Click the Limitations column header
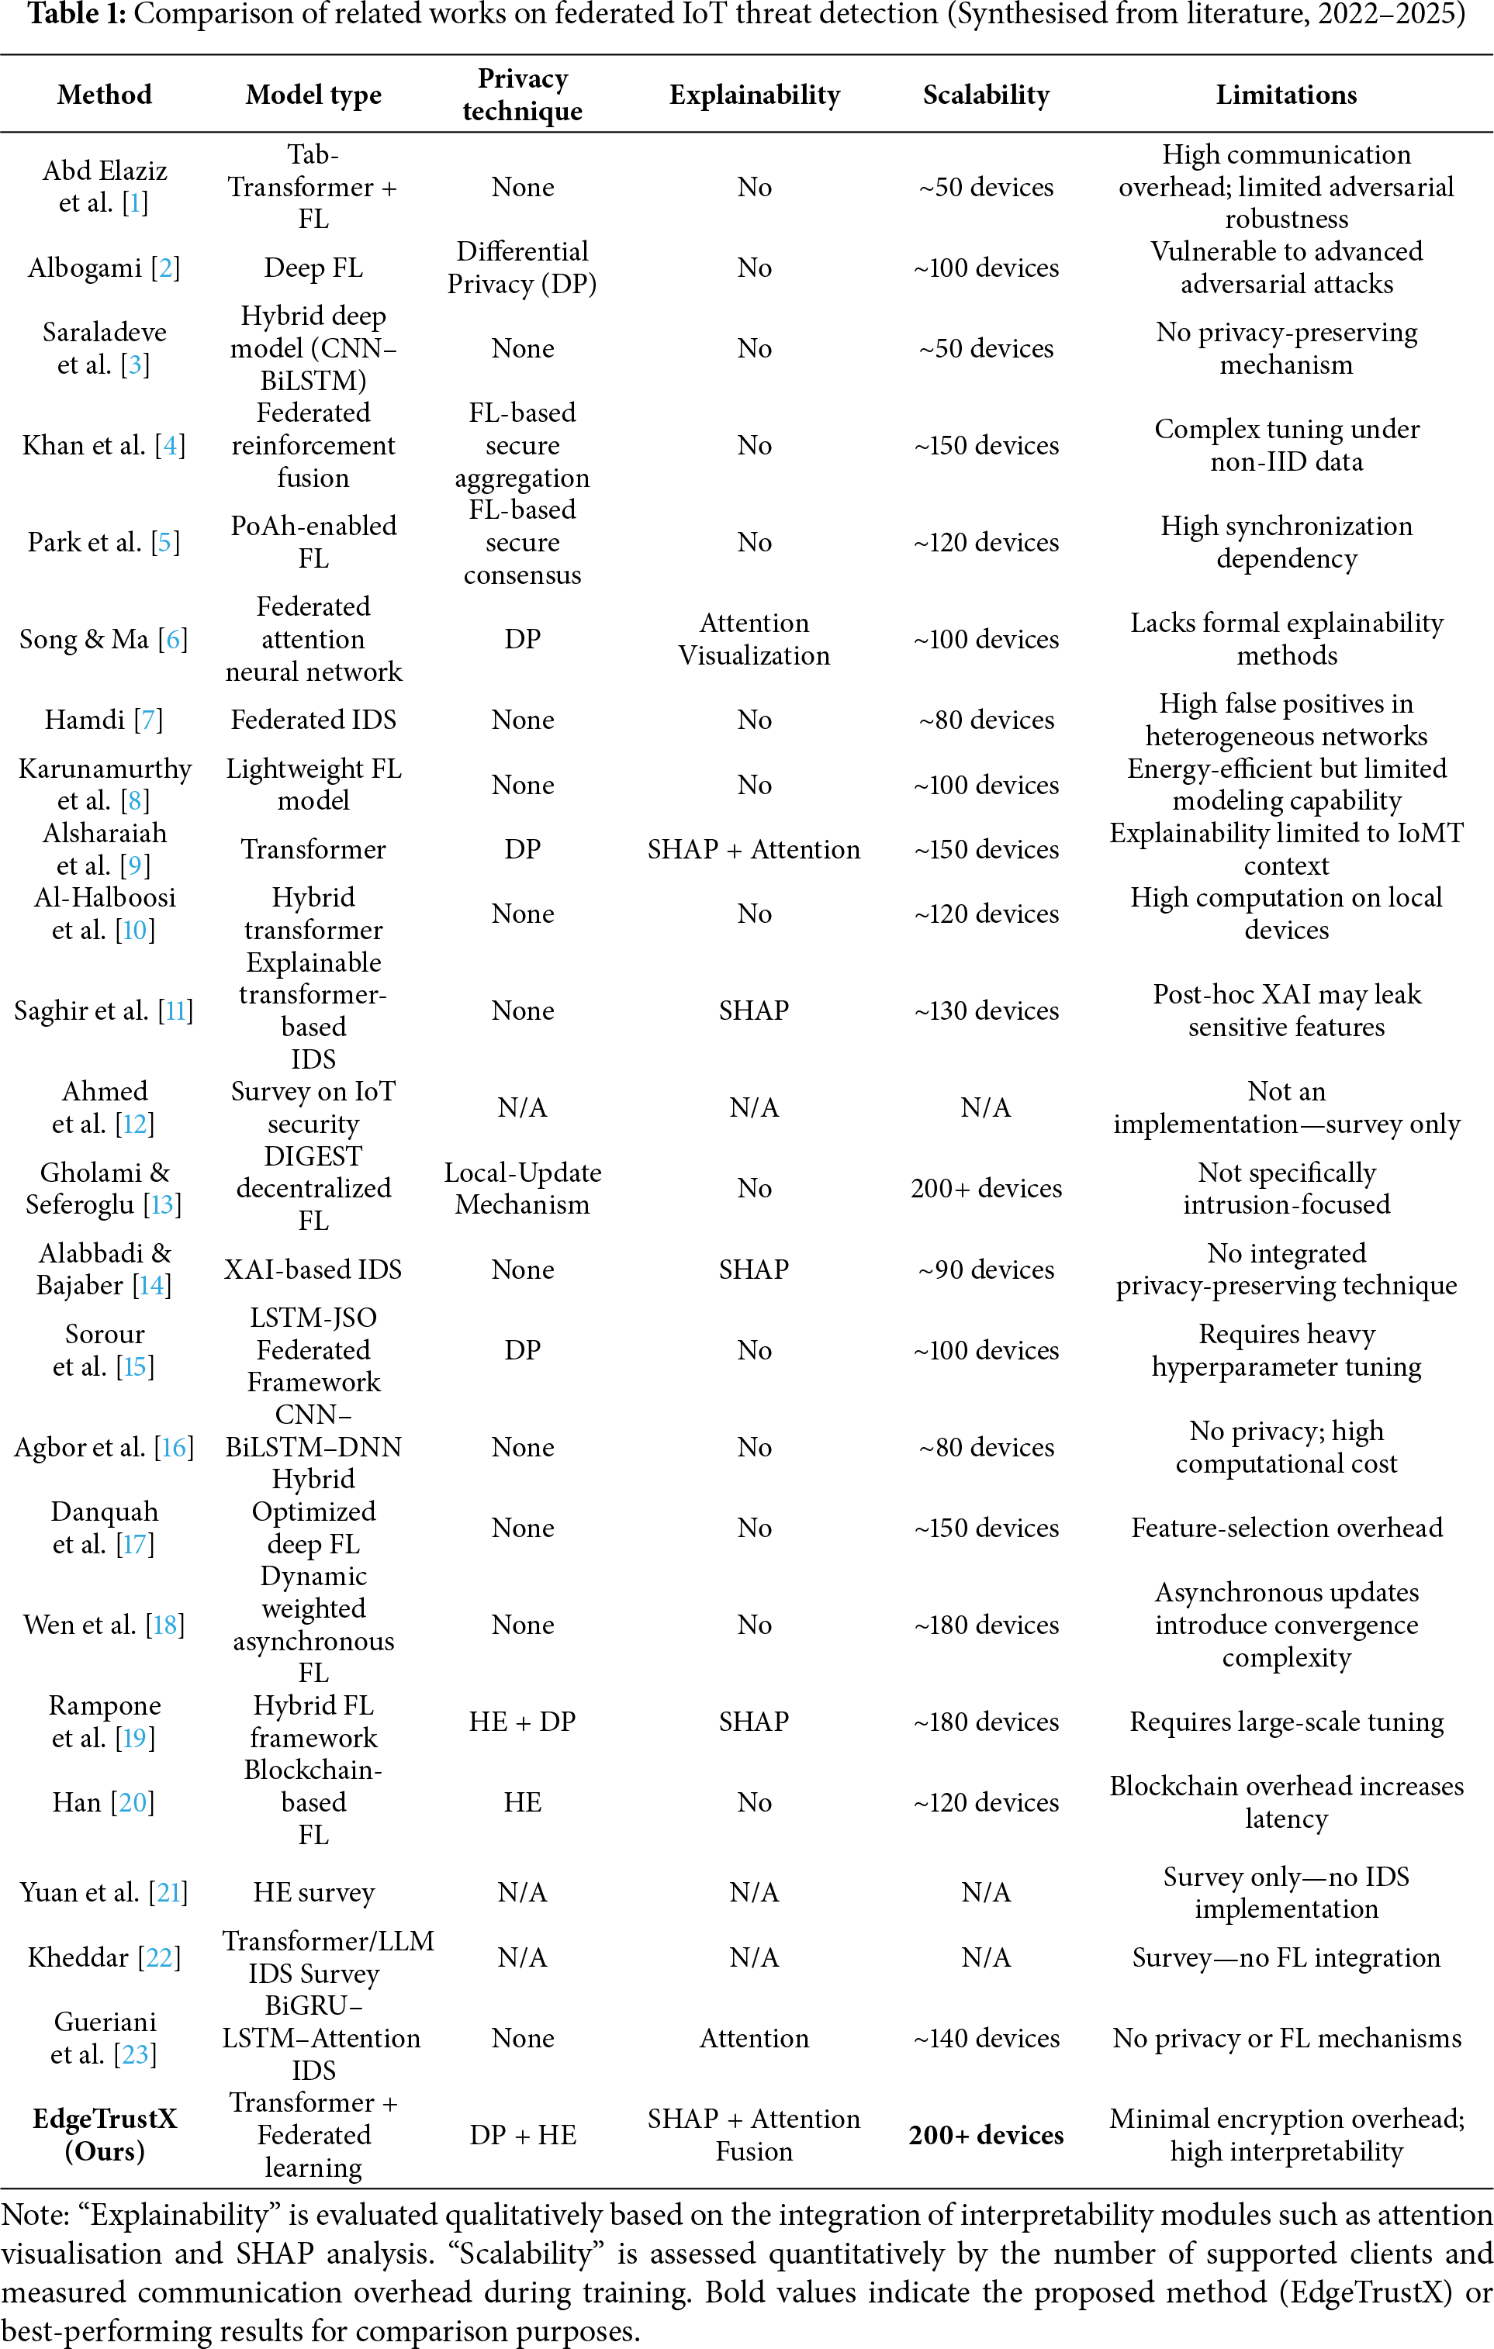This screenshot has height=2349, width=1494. point(1285,95)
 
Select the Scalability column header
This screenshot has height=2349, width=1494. point(986,95)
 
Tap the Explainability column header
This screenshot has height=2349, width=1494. point(754,95)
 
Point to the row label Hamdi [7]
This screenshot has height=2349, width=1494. point(103,720)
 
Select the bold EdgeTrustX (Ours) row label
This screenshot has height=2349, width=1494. point(105,2134)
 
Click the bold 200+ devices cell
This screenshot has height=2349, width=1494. point(986,2134)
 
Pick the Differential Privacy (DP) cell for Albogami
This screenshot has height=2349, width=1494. point(522,268)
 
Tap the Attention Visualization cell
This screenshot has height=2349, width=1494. point(754,639)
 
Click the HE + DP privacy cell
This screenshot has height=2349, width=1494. point(522,1722)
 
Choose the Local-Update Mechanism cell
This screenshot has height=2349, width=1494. point(522,1188)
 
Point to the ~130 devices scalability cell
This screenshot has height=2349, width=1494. point(986,1010)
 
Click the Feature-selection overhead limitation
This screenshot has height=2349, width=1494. point(1286,1528)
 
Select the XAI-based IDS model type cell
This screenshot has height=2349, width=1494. point(313,1269)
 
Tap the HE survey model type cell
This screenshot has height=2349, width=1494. point(313,1892)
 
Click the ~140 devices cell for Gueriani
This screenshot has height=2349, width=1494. point(986,2038)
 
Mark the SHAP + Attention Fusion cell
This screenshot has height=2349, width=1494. point(754,2134)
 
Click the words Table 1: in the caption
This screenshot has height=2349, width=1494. point(76,15)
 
